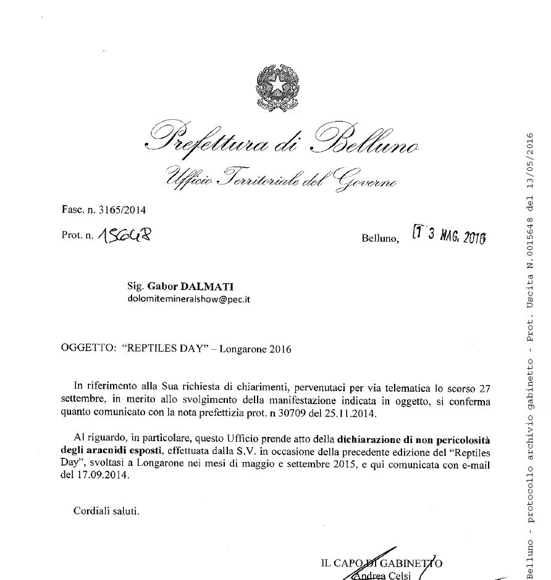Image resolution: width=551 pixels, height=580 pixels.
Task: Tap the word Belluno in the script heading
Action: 367,139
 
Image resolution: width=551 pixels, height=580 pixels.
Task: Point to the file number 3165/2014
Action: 122,210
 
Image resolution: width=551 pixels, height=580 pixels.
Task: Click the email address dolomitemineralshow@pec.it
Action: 188,299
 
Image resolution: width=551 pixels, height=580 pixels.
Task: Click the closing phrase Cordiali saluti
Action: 106,510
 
